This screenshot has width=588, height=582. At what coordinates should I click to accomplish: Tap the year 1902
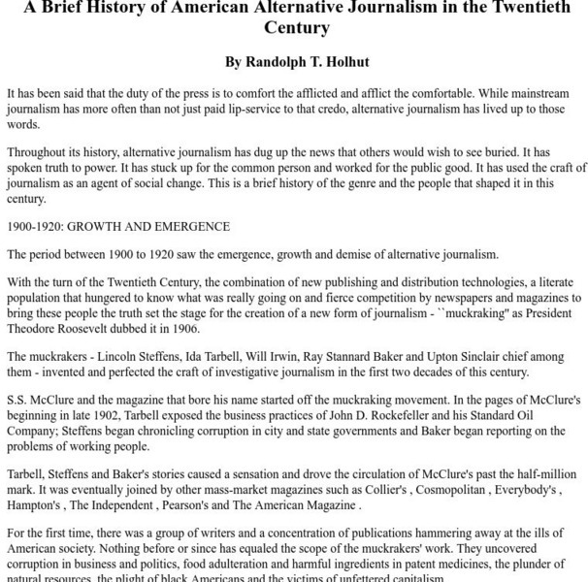[x=98, y=415]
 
